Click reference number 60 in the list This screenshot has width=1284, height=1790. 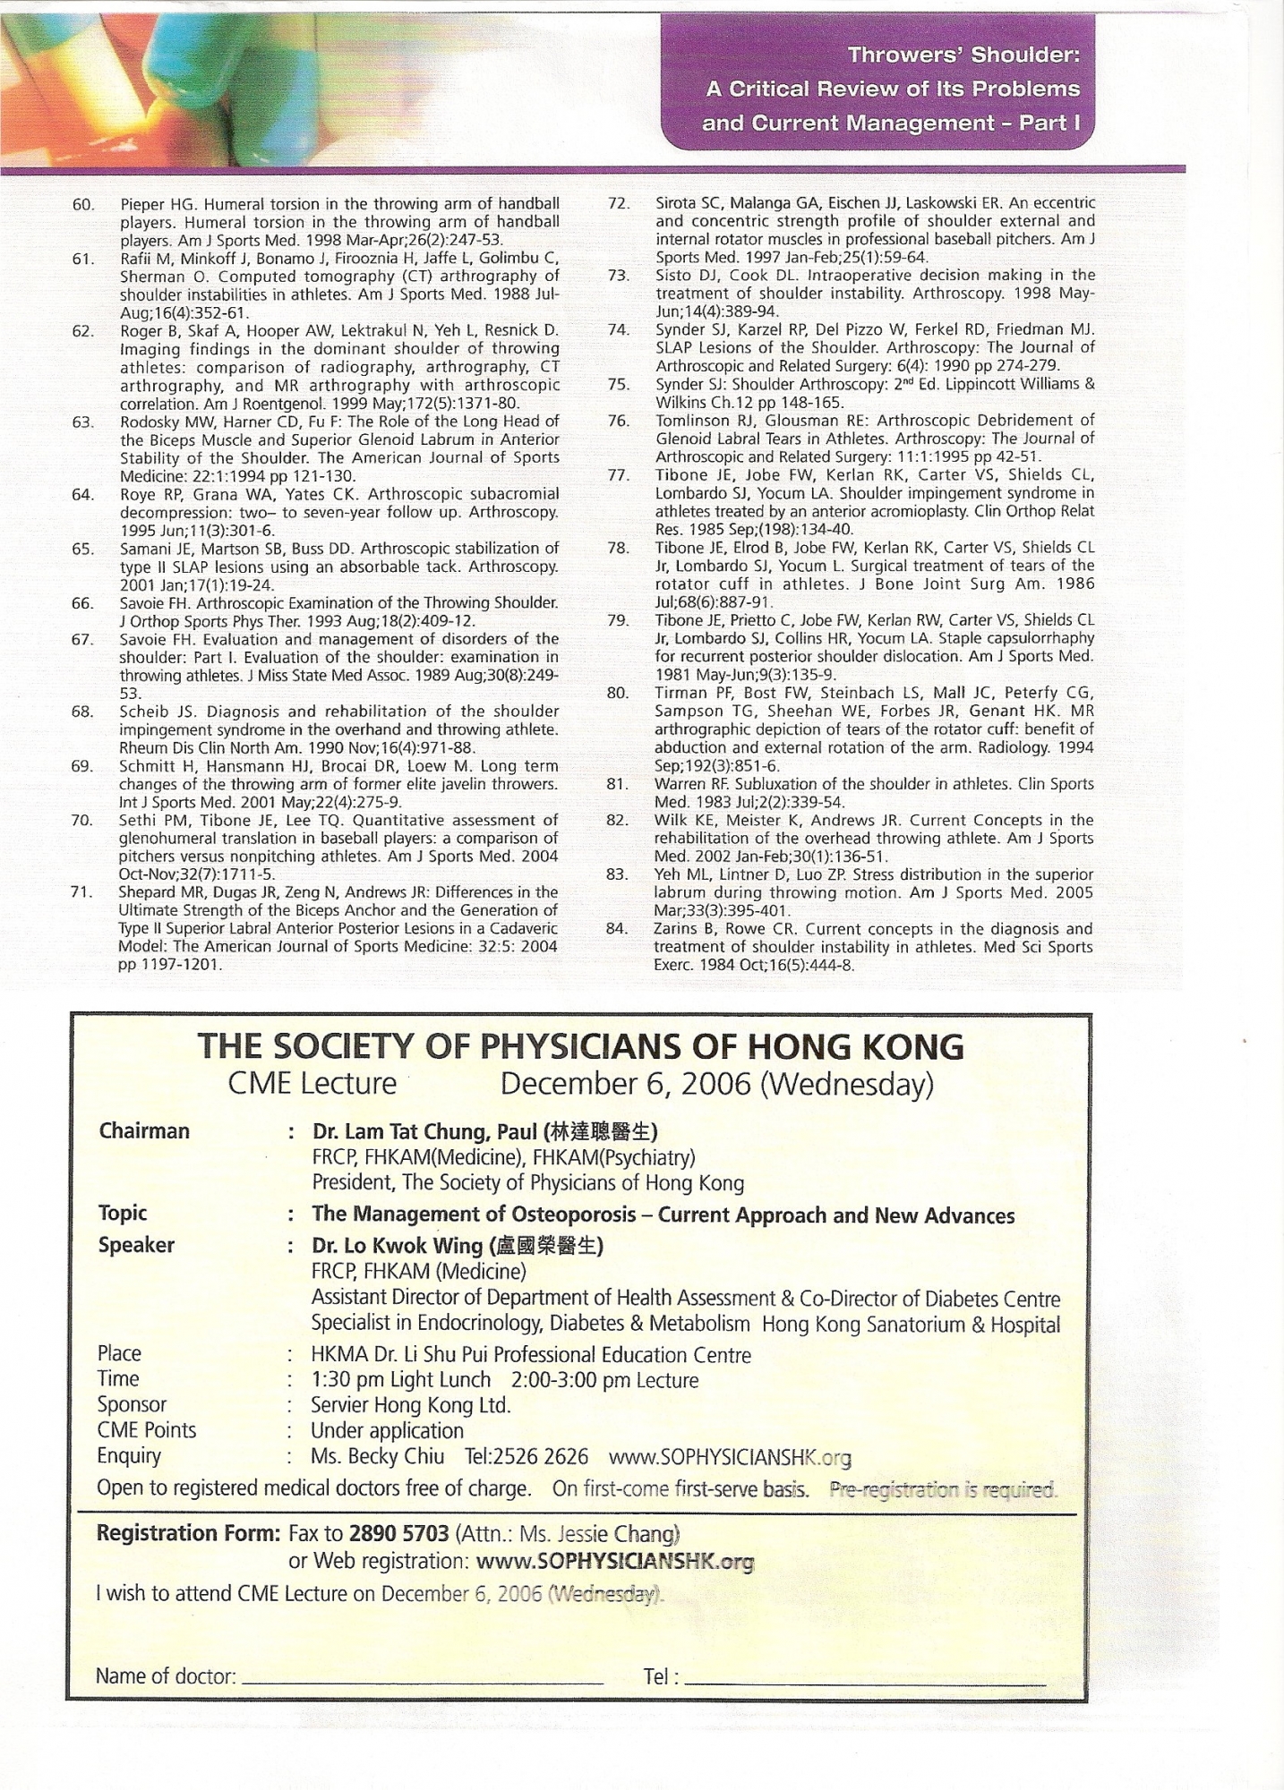click(83, 205)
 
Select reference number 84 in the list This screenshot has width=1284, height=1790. click(616, 929)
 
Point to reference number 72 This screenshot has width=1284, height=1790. click(618, 203)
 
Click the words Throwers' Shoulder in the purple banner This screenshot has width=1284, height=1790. click(963, 55)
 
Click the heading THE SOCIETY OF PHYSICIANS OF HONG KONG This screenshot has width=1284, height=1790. click(580, 1046)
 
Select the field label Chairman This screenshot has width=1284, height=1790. click(144, 1131)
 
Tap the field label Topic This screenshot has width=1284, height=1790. click(123, 1214)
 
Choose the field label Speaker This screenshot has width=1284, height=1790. click(136, 1246)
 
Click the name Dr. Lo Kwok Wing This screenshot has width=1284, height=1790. click(397, 1246)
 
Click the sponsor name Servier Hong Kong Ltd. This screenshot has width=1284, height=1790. click(410, 1405)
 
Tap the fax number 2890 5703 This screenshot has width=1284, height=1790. click(398, 1534)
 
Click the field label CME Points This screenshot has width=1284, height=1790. click(146, 1430)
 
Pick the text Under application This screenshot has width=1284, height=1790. click(387, 1431)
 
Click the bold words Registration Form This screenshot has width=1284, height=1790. click(189, 1534)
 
